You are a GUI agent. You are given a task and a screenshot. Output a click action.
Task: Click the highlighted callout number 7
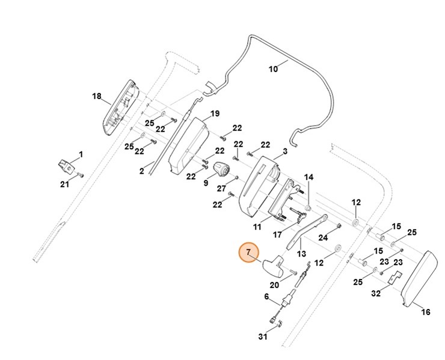point(248,252)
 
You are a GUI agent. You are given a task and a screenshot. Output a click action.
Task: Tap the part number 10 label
point(273,69)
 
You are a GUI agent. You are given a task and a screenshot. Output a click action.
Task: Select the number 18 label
point(96,96)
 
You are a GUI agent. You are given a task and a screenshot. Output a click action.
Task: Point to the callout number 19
point(215,114)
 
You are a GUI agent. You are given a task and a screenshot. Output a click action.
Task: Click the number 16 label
point(425,312)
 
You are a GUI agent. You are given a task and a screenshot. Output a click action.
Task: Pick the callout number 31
point(263,337)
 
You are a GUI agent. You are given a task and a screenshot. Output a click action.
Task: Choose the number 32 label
point(376,293)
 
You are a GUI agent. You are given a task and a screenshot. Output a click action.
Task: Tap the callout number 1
point(81,154)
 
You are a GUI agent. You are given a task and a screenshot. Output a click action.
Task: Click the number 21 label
point(64,185)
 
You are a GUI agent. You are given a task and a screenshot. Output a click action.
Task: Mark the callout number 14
point(308,177)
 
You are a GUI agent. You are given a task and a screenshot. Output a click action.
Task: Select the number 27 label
point(221,188)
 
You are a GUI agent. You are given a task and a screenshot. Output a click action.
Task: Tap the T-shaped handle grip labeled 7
point(274,265)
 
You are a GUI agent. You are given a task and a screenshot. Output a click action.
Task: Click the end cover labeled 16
point(420,278)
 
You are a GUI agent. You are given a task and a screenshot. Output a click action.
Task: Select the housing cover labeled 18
point(121,108)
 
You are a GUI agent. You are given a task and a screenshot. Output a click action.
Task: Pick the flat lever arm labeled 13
point(307,231)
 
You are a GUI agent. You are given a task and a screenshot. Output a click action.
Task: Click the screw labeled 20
point(293,272)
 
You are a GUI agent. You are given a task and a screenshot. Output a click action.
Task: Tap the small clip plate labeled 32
point(395,277)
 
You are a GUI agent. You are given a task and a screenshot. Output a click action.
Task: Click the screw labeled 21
point(81,175)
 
